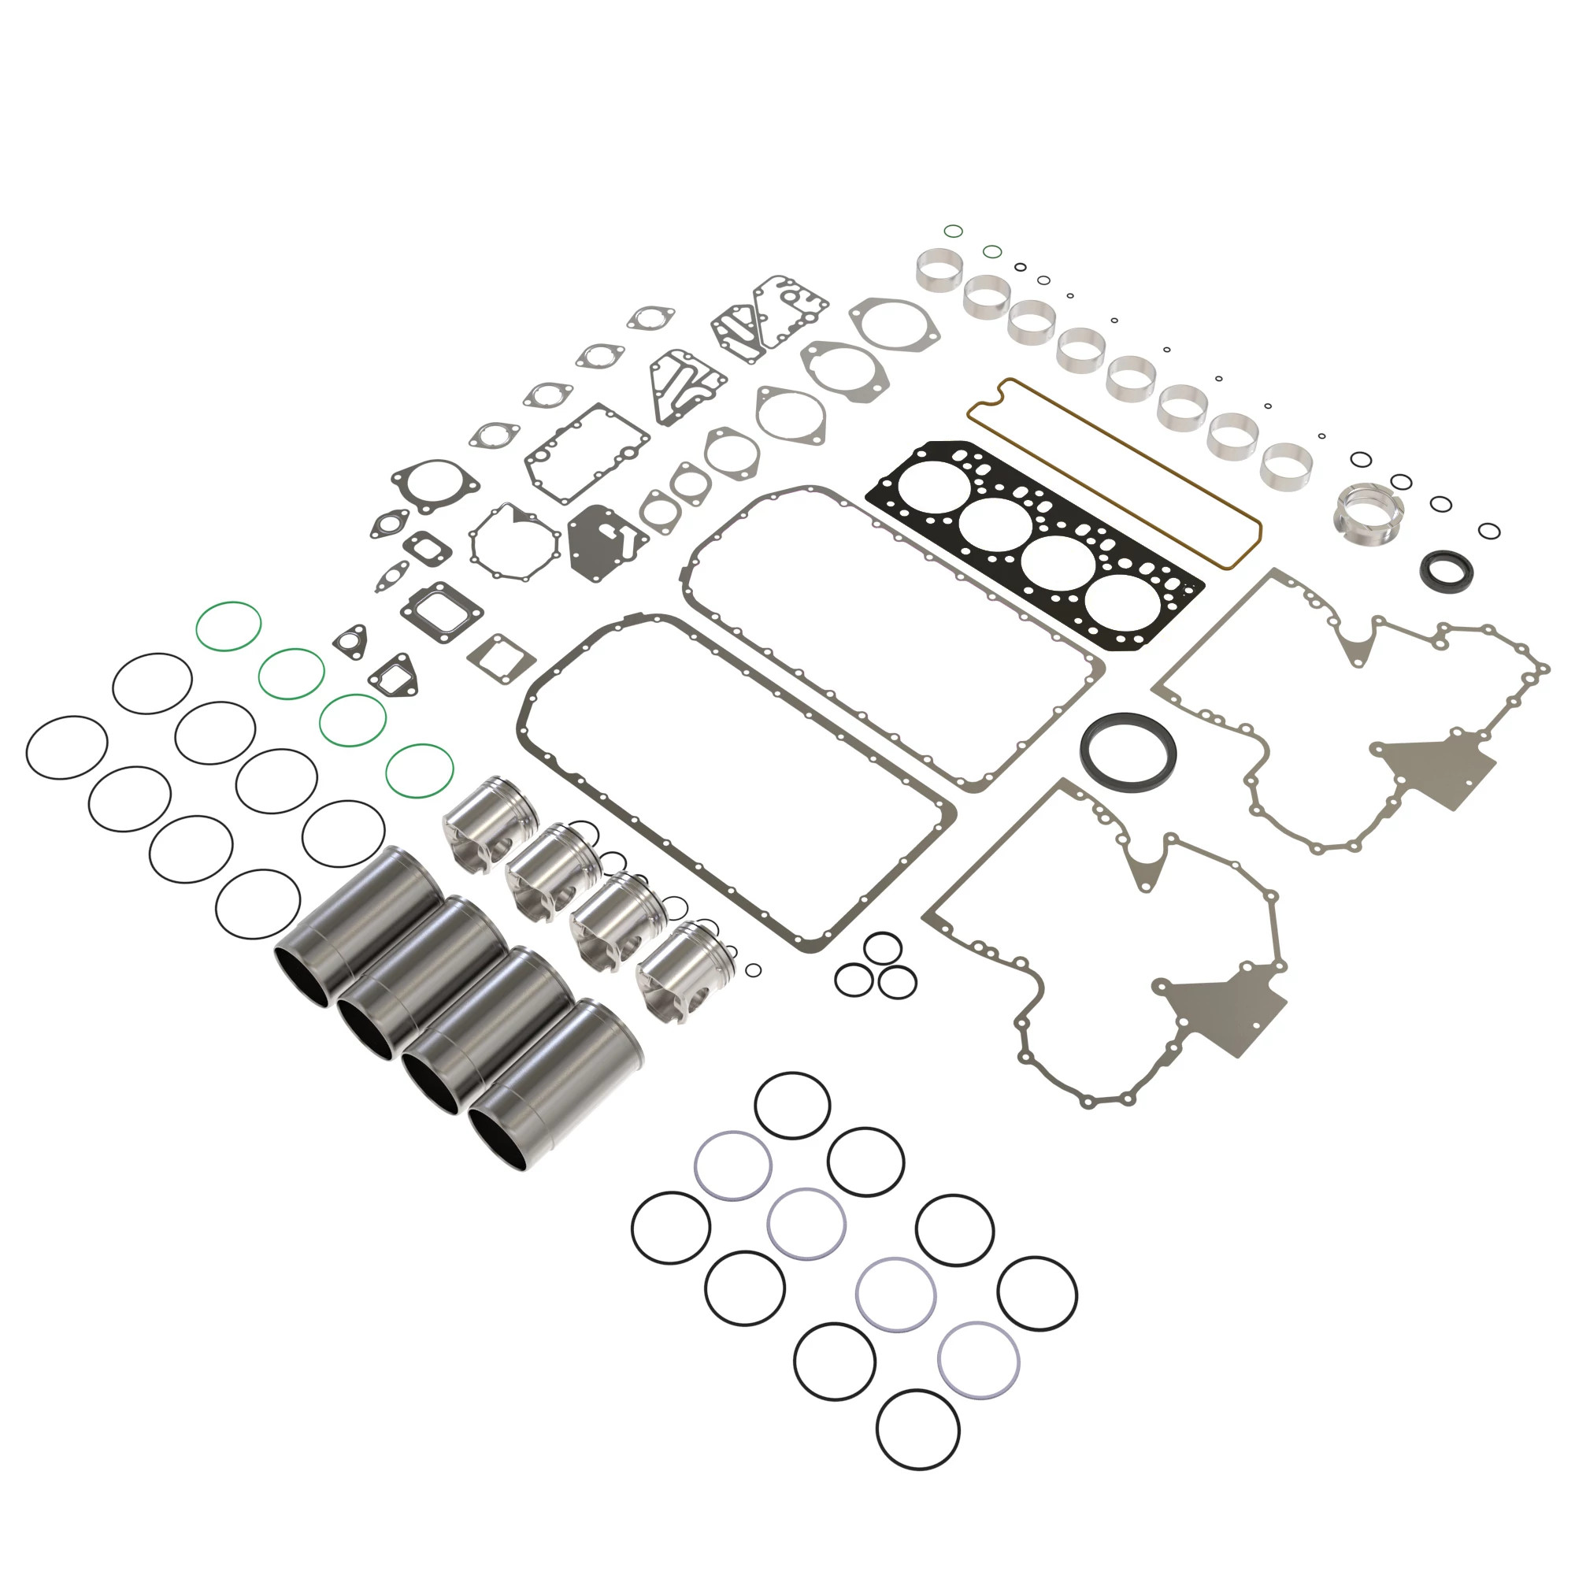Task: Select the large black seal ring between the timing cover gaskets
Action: pyautogui.click(x=1128, y=750)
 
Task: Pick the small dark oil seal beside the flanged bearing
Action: pyautogui.click(x=1446, y=569)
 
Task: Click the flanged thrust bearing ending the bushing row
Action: pyautogui.click(x=1369, y=511)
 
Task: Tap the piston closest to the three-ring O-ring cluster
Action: pyautogui.click(x=685, y=970)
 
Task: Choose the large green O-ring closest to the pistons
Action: pyautogui.click(x=419, y=770)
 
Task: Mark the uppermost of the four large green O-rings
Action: pyautogui.click(x=228, y=626)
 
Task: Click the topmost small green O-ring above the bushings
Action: pyautogui.click(x=953, y=231)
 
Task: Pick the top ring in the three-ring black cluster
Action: pyautogui.click(x=882, y=949)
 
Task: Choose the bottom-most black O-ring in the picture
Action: pyautogui.click(x=918, y=1430)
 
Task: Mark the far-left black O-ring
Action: pyautogui.click(x=67, y=747)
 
